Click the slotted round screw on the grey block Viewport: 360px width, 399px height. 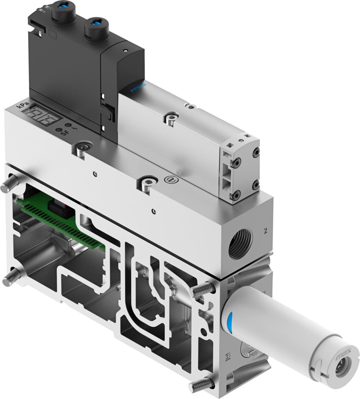[x=170, y=180]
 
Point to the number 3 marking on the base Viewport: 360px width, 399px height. [x=228, y=355]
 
